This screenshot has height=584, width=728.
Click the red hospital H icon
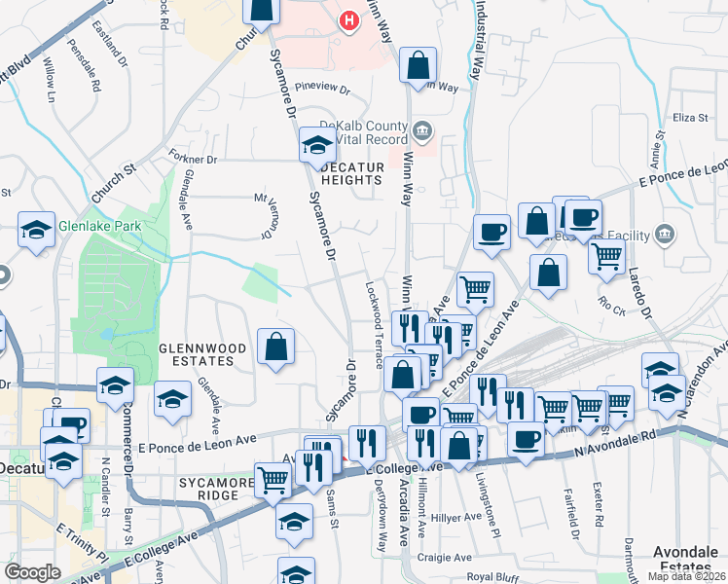click(x=347, y=19)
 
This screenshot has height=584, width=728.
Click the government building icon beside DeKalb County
click(x=422, y=129)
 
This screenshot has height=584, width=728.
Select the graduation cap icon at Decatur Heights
click(x=316, y=146)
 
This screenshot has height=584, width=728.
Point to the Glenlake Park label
click(x=99, y=226)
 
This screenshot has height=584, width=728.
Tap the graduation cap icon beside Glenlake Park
click(x=36, y=232)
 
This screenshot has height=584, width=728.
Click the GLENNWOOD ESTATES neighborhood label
click(x=198, y=353)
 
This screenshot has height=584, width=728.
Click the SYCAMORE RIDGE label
click(x=208, y=489)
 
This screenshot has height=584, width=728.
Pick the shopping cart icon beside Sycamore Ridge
click(x=273, y=478)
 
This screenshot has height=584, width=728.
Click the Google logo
click(x=32, y=572)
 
